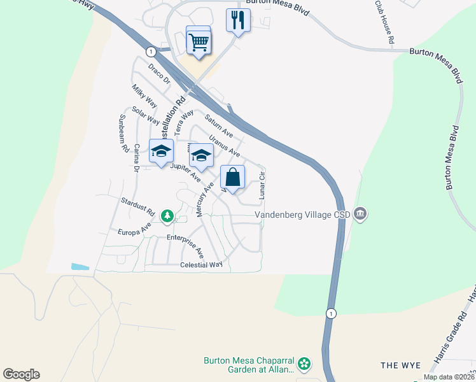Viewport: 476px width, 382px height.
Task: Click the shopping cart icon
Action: tap(199, 41)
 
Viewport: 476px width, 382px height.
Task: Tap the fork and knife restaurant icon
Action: tap(239, 20)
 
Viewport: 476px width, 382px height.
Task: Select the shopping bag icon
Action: tap(233, 178)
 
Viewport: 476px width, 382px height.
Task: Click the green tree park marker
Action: tap(167, 217)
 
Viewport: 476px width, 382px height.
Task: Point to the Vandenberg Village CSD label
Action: tap(304, 215)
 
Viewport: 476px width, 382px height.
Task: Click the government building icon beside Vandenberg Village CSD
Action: tap(360, 213)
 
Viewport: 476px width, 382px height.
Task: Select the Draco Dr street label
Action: tap(159, 74)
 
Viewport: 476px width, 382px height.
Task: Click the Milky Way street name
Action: tap(144, 95)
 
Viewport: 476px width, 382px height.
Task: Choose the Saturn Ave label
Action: tap(219, 125)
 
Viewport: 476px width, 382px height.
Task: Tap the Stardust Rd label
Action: tap(138, 205)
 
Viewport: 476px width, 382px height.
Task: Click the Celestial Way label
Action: tap(201, 264)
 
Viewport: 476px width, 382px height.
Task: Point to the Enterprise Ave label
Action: tap(185, 244)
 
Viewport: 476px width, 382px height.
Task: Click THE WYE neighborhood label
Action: tap(401, 365)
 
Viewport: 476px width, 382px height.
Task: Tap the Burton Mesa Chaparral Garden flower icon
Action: tap(305, 364)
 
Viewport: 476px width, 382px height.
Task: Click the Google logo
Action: tap(21, 374)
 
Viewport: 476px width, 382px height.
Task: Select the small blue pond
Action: tap(81, 266)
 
